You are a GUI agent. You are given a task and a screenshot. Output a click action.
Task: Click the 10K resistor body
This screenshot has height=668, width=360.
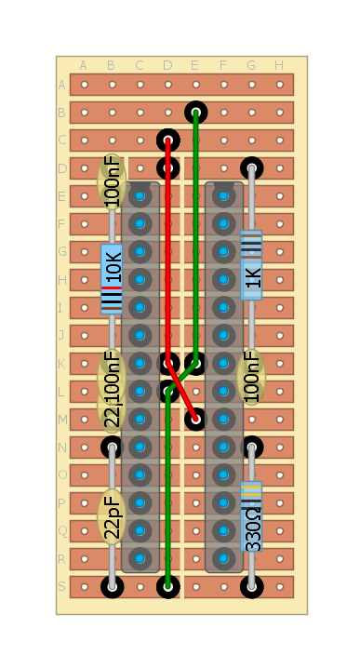(x=112, y=278)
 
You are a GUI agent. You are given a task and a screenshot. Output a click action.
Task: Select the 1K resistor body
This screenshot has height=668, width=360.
(x=251, y=266)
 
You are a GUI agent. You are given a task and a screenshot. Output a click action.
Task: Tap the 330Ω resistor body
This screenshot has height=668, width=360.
(x=251, y=516)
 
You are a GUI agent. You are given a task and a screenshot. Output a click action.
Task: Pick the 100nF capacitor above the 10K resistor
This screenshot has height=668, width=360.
(x=112, y=181)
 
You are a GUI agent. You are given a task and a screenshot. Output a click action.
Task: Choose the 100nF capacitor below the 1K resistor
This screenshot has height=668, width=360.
(x=251, y=377)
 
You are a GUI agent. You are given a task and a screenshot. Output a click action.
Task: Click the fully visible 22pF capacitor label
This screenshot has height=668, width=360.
(x=112, y=516)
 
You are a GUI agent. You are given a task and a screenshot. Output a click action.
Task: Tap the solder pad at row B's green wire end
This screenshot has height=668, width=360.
(x=195, y=113)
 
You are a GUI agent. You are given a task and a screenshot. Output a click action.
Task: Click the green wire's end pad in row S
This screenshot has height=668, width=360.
(x=167, y=586)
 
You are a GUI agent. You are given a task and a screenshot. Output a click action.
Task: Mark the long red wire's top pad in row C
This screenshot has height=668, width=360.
(x=167, y=140)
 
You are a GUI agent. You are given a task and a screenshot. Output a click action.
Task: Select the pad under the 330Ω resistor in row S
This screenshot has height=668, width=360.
(x=251, y=586)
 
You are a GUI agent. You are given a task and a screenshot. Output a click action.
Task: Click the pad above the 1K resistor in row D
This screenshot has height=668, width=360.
(x=251, y=168)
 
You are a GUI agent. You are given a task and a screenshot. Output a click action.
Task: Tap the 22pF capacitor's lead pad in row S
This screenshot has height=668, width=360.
(x=112, y=586)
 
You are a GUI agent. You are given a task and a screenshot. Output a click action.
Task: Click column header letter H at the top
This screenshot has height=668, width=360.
(x=279, y=65)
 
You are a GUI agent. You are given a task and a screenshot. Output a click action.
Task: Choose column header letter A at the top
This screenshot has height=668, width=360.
(x=84, y=65)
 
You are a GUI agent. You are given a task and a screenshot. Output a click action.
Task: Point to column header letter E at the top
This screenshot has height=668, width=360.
(x=195, y=65)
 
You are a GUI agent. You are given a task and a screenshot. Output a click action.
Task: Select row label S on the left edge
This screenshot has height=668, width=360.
(x=62, y=586)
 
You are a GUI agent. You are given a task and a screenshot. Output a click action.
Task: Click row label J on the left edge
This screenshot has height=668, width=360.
(x=62, y=335)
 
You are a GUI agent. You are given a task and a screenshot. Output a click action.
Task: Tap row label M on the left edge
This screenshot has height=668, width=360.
(x=62, y=419)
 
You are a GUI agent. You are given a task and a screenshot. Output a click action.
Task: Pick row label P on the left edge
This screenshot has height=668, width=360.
(x=62, y=502)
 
